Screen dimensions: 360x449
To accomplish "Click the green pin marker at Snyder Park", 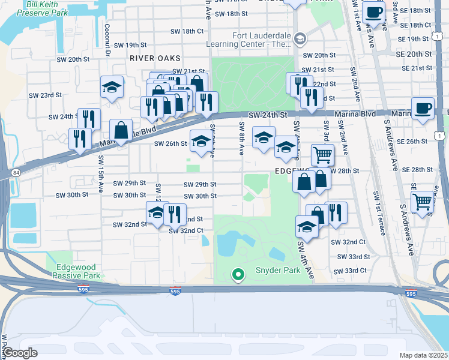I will click(x=238, y=275).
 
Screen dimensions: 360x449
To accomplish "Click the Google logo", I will click(x=20, y=353).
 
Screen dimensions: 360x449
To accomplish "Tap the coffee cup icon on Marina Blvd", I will click(x=423, y=108).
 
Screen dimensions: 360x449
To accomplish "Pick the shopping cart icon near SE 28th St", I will click(x=323, y=155).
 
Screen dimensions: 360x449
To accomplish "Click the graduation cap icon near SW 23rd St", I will click(x=112, y=87).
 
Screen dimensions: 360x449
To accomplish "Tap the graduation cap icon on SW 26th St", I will click(x=201, y=142).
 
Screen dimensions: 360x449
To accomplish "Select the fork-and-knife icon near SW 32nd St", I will click(x=175, y=214).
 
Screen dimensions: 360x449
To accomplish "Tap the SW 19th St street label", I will click(x=130, y=45).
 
